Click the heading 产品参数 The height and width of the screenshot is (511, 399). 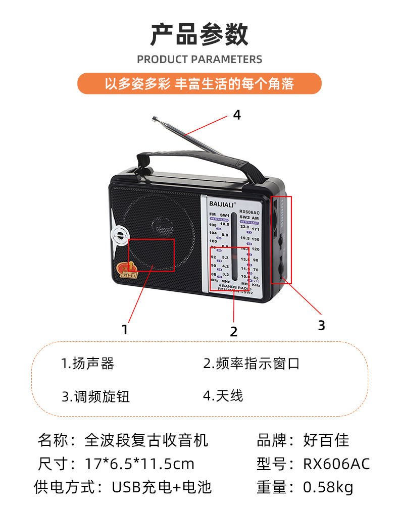(199, 34)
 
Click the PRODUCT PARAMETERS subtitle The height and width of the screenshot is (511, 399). (199, 60)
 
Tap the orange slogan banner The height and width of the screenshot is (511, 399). (199, 83)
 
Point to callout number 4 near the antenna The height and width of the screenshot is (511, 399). (237, 115)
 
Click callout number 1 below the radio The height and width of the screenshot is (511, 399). (125, 330)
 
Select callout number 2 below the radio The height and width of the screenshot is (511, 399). (233, 332)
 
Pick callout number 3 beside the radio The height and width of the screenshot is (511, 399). (321, 326)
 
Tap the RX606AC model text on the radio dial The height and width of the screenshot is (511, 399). (249, 211)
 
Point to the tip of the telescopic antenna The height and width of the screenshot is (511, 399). (153, 119)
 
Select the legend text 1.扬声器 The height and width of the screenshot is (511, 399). (88, 364)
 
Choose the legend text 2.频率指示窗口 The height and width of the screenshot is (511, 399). (252, 364)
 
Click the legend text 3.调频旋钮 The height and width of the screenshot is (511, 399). (96, 396)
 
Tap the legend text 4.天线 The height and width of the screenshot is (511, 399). (223, 395)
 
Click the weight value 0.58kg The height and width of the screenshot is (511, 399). (328, 487)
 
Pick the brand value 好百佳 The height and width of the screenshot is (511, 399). (326, 440)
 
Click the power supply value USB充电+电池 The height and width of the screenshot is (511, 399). (162, 487)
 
